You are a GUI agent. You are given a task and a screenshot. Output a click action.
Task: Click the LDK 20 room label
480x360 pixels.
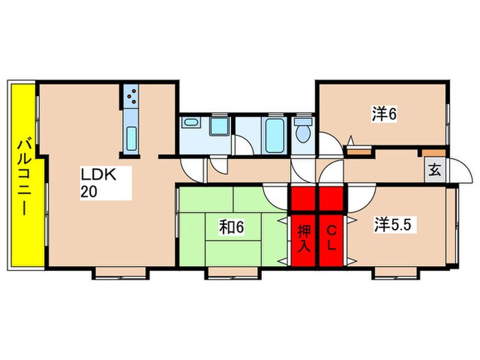(99, 183)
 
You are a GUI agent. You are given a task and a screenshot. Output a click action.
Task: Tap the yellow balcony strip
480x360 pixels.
(23, 175)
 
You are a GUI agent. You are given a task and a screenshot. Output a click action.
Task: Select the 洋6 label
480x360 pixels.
(384, 114)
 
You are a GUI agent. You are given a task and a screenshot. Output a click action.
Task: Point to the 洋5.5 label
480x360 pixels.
(392, 225)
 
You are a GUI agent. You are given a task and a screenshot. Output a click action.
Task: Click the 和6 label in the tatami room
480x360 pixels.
(232, 227)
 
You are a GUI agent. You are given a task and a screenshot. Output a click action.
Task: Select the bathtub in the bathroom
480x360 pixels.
(274, 135)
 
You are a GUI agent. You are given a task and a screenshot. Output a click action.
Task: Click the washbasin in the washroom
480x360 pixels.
(191, 122)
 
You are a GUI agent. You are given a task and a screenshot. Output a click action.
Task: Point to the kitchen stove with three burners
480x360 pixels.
(132, 95)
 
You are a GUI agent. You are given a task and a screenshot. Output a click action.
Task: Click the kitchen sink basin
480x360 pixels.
(132, 139)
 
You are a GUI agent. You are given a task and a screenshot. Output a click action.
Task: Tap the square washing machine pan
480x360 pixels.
(219, 125)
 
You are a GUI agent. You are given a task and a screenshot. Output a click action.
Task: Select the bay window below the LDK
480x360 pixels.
(121, 273)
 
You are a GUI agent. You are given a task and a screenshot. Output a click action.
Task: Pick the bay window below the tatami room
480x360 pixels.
(232, 273)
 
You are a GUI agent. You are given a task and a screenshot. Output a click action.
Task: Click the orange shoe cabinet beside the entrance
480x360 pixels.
(434, 152)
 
